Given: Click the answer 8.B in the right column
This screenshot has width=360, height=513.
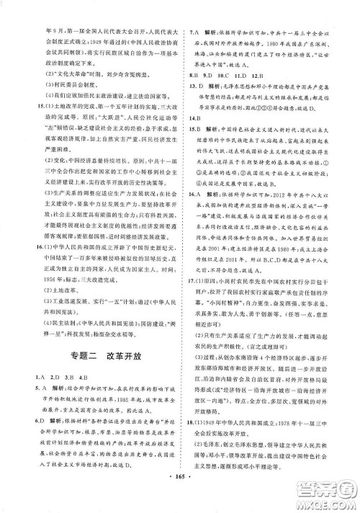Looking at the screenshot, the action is coord(194,74).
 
